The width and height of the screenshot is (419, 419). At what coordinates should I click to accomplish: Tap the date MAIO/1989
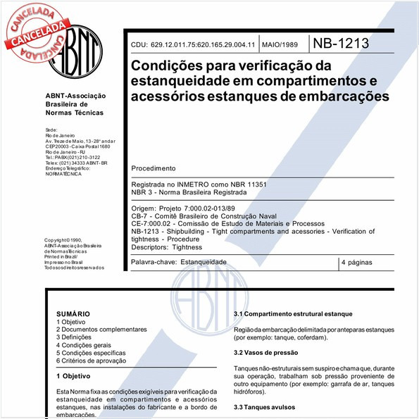tap(280, 45)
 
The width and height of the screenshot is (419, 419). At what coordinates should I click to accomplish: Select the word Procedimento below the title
tap(154, 169)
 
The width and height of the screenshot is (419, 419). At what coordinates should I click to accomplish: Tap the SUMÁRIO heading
tap(73, 313)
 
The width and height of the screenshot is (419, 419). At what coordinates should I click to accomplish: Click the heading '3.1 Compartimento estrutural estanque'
tap(292, 313)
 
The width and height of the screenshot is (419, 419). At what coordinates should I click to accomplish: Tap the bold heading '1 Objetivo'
tap(77, 376)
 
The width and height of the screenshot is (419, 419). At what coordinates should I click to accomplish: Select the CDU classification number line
tap(192, 45)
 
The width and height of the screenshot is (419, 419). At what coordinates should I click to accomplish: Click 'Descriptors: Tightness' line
tap(167, 247)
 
